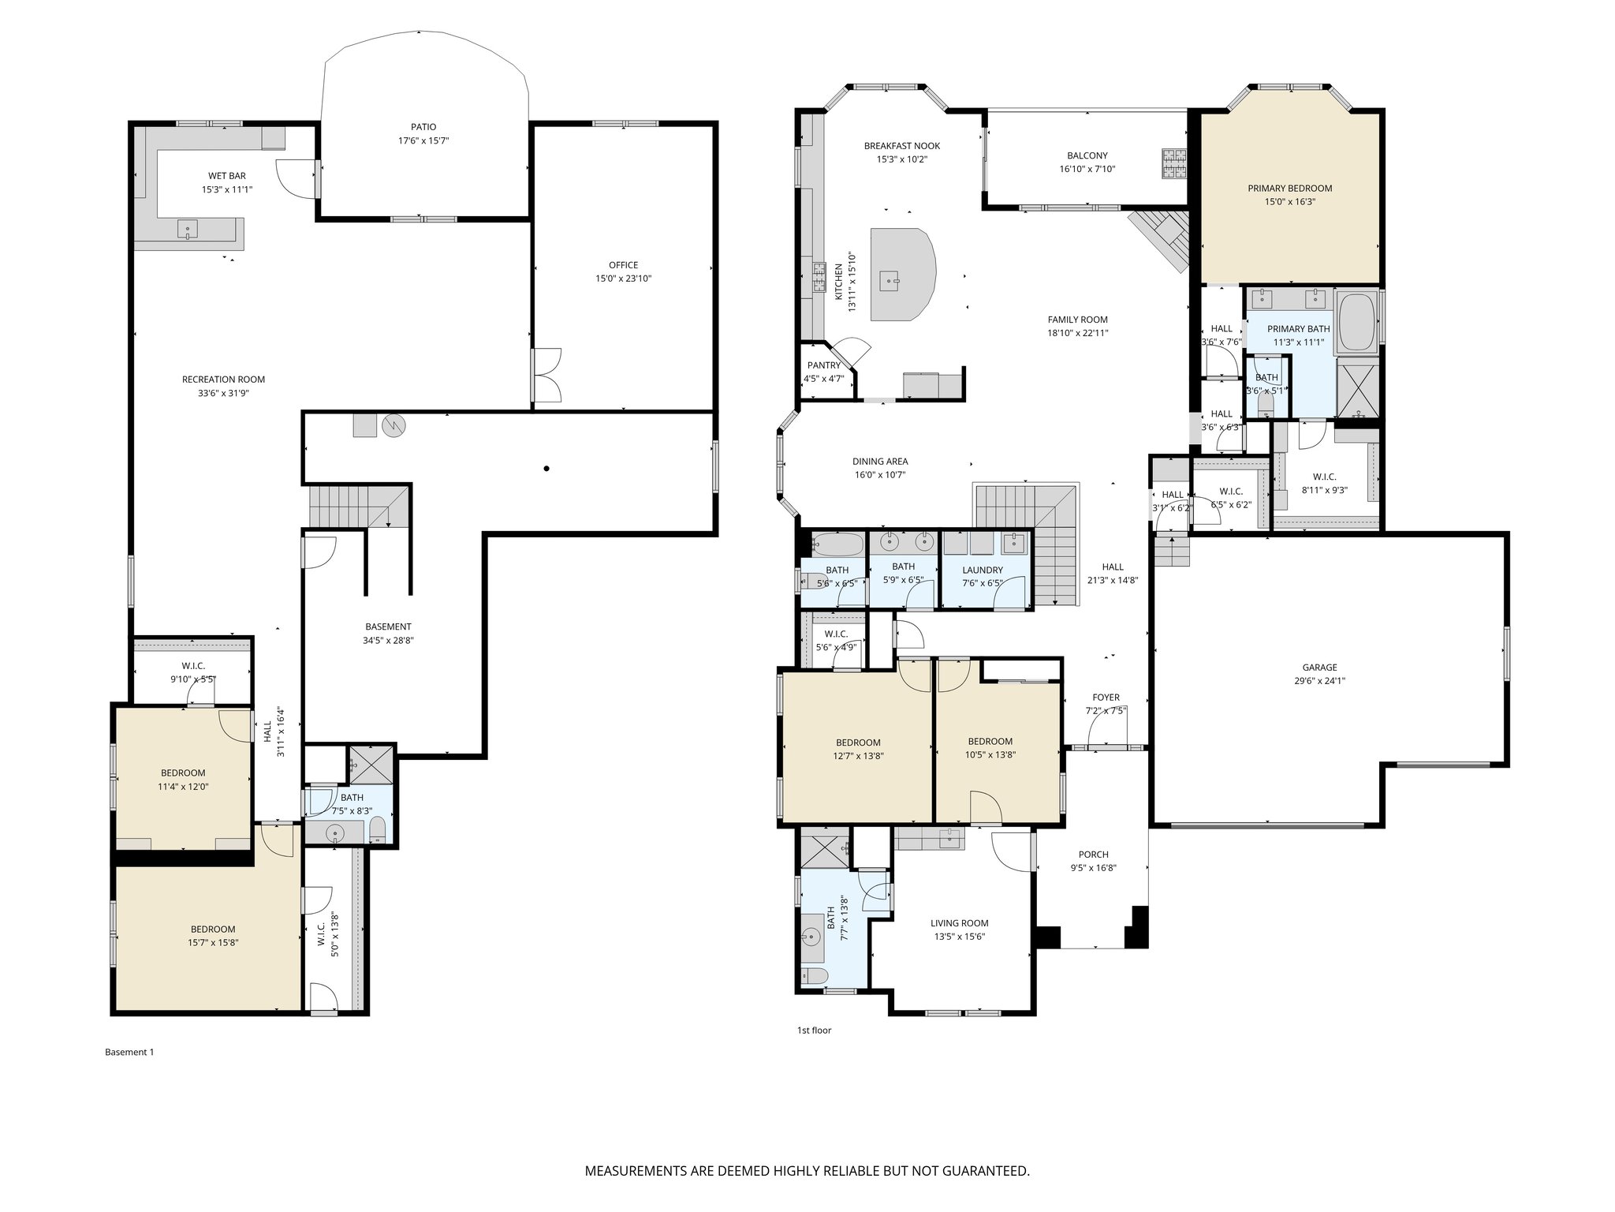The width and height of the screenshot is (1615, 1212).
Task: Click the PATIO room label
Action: tap(423, 127)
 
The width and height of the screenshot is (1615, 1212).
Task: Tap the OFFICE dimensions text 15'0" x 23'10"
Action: tap(623, 279)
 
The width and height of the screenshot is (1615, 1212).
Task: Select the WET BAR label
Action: tap(226, 176)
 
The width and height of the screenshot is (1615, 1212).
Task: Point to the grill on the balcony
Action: tap(1173, 165)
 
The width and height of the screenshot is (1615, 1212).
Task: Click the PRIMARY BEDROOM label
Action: tap(1289, 189)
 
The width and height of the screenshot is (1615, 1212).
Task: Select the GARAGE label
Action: tap(1319, 668)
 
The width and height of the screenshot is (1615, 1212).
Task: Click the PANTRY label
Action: tap(823, 365)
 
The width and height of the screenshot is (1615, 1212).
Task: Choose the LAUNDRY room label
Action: tap(983, 570)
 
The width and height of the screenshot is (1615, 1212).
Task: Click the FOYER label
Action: tap(1106, 698)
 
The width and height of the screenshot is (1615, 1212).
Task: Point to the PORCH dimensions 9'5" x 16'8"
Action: tap(1093, 868)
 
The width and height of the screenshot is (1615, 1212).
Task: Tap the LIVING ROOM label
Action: tap(959, 923)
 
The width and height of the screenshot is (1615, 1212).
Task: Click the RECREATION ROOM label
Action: tap(223, 380)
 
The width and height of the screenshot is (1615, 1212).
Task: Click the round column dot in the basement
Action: tap(546, 469)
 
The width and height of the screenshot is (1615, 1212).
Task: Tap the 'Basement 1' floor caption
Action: tap(129, 1052)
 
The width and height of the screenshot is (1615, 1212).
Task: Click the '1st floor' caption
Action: tap(814, 1031)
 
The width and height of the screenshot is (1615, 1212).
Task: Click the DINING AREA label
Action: tap(879, 462)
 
